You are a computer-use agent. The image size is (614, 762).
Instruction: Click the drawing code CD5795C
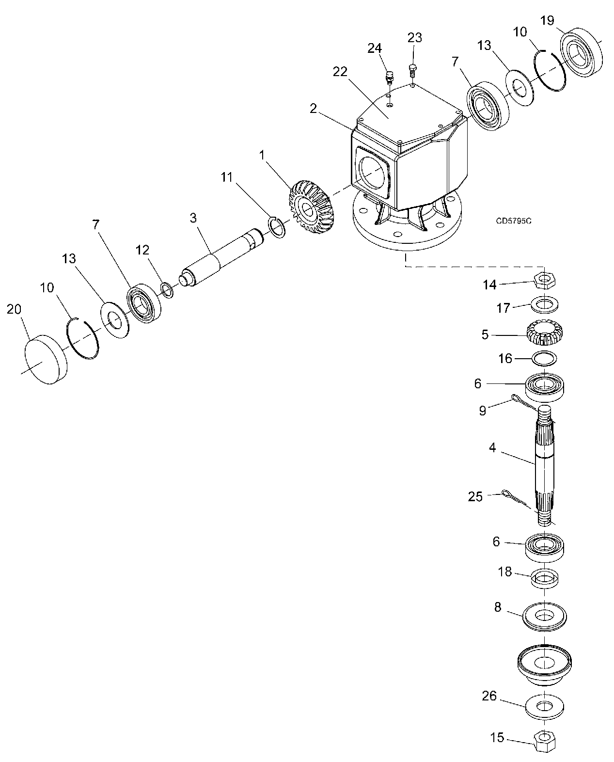(x=514, y=221)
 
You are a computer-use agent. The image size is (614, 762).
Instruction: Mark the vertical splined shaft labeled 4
(x=545, y=465)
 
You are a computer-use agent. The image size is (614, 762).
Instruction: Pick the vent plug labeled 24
(x=389, y=77)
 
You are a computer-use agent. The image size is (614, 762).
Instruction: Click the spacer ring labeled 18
(x=545, y=578)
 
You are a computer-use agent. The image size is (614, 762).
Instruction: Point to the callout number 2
(x=314, y=108)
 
